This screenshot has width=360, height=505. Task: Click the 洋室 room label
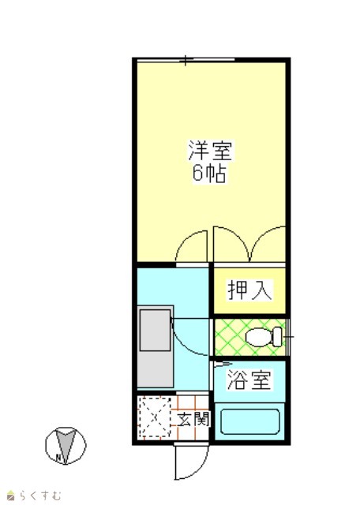click(x=210, y=151)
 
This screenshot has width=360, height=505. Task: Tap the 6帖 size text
click(x=209, y=174)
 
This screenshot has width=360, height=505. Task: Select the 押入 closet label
click(x=249, y=290)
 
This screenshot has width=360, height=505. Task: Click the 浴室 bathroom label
click(x=249, y=380)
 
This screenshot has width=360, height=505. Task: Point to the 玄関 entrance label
click(x=193, y=419)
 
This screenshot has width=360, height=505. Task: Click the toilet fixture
click(x=264, y=337)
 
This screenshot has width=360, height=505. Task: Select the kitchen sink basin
click(x=155, y=330)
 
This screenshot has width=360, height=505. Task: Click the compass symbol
click(x=66, y=446)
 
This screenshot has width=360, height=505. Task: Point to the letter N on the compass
click(x=58, y=456)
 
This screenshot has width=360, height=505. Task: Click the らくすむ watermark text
click(x=40, y=495)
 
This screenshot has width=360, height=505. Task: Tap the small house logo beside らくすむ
click(x=11, y=496)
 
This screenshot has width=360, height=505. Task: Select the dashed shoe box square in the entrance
click(x=155, y=417)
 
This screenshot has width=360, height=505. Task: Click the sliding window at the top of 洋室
click(x=186, y=60)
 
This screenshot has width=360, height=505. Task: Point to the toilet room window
click(x=288, y=337)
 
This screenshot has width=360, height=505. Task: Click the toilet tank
click(x=278, y=337)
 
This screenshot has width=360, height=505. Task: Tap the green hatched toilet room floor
click(x=250, y=337)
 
